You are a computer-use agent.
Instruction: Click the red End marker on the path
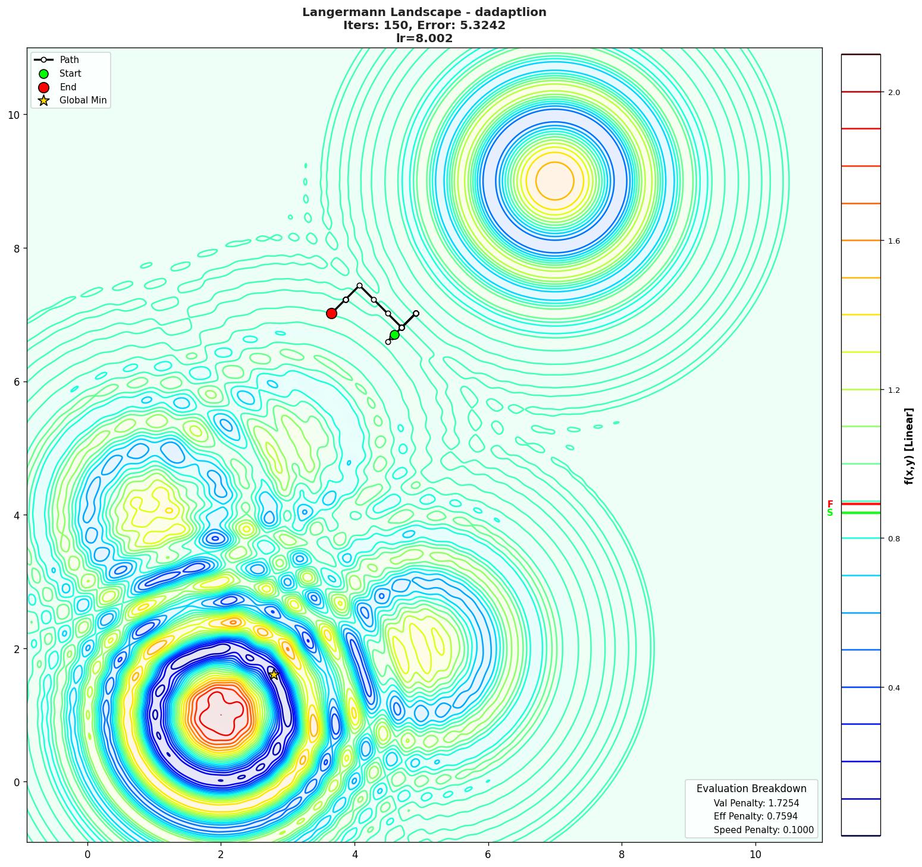(331, 313)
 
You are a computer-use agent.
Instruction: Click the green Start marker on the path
(394, 335)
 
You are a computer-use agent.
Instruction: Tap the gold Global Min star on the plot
(274, 674)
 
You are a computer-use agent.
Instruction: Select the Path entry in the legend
(69, 60)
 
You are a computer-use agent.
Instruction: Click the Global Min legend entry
(83, 100)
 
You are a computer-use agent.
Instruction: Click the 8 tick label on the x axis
(622, 855)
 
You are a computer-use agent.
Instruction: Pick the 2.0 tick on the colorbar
(893, 92)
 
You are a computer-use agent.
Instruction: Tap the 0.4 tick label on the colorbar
(893, 688)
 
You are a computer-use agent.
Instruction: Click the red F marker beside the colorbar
(830, 504)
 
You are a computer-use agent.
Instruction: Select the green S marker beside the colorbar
(830, 513)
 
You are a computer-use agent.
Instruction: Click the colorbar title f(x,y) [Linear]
(909, 446)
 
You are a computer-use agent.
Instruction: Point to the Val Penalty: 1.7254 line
(756, 803)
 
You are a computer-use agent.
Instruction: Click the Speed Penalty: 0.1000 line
(763, 830)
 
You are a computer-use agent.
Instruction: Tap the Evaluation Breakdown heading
(751, 789)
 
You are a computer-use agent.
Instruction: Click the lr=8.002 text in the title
(424, 39)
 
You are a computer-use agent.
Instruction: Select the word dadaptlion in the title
(513, 12)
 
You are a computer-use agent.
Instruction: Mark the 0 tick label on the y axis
(17, 782)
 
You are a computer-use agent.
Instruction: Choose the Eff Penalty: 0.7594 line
(755, 816)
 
